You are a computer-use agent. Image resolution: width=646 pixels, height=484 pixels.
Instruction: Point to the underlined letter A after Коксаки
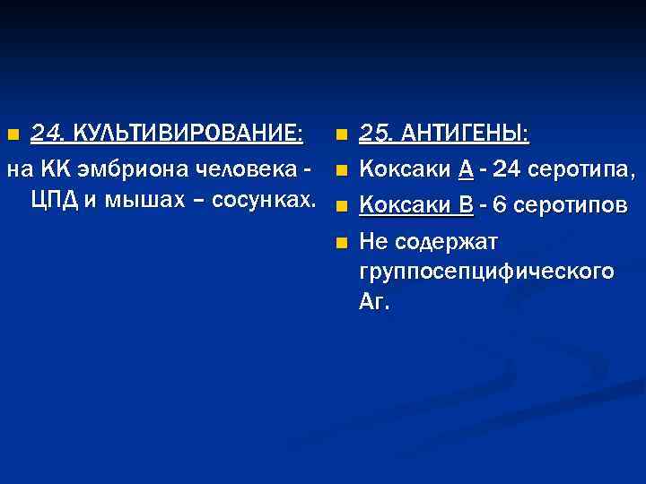tap(467, 169)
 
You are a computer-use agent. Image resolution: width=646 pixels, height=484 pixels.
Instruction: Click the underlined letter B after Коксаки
tap(466, 205)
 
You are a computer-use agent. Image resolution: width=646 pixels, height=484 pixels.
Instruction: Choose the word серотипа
tap(581, 169)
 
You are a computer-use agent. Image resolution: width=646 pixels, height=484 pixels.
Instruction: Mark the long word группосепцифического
tap(486, 272)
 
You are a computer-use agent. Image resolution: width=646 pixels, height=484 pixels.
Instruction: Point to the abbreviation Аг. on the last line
tap(374, 301)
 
